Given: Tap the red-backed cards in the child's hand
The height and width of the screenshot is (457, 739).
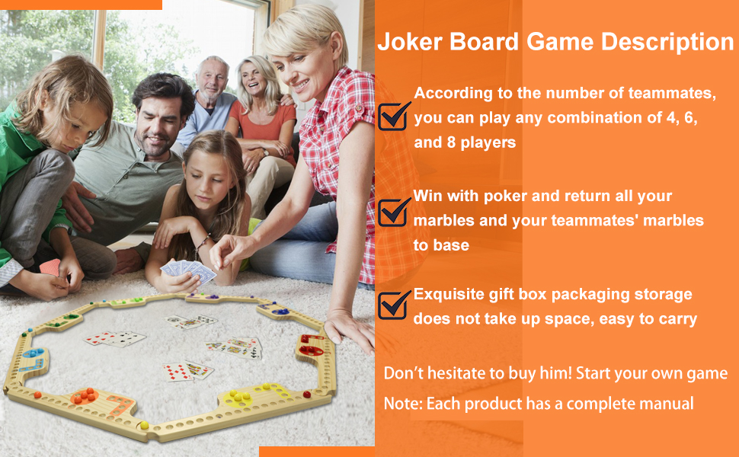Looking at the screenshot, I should [50, 267].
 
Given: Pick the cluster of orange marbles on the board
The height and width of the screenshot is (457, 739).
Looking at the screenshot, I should [83, 395].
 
